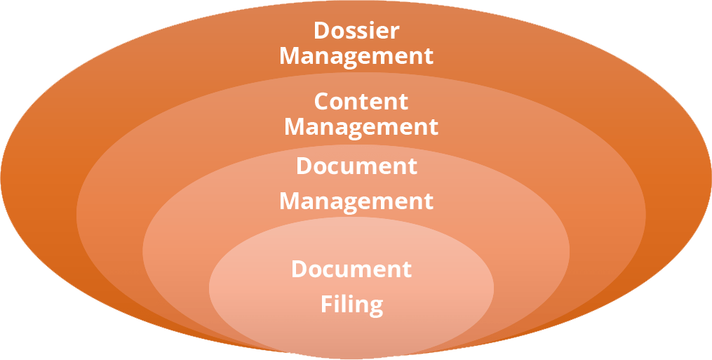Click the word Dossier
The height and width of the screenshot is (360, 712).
[356, 31]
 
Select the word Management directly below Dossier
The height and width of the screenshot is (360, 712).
[356, 56]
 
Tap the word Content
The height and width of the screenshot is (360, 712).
[361, 101]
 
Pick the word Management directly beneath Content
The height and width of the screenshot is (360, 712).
[361, 127]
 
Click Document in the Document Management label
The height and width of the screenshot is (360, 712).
[356, 166]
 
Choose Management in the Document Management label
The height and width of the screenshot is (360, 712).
[356, 201]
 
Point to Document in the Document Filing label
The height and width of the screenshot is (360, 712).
[351, 269]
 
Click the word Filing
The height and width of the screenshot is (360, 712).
[351, 305]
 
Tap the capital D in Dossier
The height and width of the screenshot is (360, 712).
[322, 31]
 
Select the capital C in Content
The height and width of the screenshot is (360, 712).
[322, 101]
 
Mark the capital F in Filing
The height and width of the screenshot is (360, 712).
[327, 304]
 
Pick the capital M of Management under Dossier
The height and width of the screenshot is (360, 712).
[290, 56]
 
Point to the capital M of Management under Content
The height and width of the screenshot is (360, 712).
[295, 127]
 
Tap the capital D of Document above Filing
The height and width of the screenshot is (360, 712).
[300, 269]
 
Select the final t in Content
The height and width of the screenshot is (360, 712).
[403, 102]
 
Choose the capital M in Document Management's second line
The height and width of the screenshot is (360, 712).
[290, 201]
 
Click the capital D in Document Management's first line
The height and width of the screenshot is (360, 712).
[304, 166]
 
